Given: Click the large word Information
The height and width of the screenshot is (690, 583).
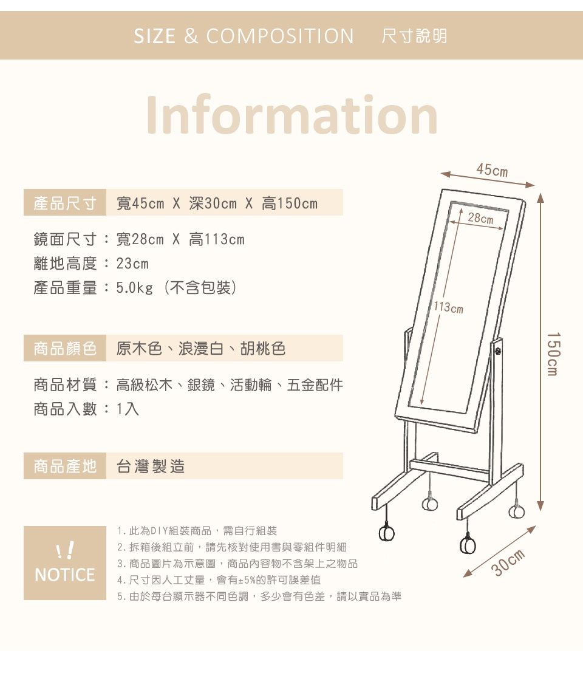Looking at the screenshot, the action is click(291, 115).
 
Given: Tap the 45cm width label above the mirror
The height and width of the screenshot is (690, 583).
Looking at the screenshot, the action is click(492, 170).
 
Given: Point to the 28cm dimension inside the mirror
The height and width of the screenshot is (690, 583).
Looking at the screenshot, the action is click(480, 218).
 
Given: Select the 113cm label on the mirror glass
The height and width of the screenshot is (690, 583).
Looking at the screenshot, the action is click(448, 307).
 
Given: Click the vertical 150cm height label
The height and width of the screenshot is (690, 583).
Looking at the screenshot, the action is click(553, 354).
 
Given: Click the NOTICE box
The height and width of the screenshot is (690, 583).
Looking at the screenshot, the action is click(65, 563).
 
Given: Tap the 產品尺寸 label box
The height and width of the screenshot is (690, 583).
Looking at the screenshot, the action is click(65, 202).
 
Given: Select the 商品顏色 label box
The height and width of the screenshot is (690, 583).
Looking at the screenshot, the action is click(65, 348).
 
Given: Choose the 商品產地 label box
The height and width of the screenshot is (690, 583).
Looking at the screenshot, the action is click(65, 466).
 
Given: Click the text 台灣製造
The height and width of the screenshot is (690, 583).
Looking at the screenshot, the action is click(151, 466).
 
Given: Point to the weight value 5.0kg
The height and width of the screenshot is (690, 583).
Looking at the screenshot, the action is click(135, 288).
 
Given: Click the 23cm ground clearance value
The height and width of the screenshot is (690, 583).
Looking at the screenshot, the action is click(132, 264).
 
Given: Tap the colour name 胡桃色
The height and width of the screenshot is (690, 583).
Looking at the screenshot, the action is click(263, 349).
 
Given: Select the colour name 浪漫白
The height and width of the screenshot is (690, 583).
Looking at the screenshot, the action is click(201, 349).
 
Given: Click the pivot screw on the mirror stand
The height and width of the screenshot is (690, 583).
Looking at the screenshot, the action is click(498, 351).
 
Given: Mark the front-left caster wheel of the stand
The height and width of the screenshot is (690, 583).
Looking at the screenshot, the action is click(386, 533).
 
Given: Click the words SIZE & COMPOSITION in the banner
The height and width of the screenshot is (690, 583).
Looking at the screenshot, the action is click(244, 36).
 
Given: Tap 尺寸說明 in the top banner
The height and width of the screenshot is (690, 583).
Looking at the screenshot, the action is click(414, 36).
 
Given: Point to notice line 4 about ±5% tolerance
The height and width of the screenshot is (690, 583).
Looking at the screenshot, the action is click(219, 580).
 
